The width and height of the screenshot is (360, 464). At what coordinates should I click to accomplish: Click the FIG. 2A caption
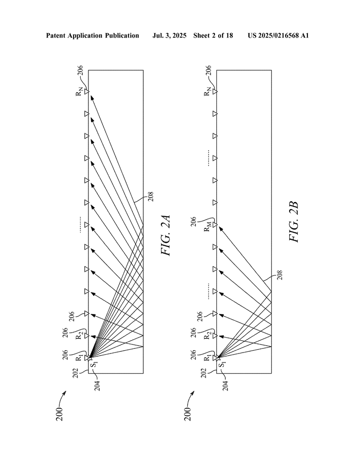pyautogui.click(x=166, y=236)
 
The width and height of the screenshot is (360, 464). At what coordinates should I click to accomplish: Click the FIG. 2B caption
pyautogui.click(x=294, y=222)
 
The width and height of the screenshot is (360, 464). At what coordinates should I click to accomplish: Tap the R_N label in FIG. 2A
pyautogui.click(x=79, y=92)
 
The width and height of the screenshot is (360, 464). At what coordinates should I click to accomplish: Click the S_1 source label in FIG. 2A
pyautogui.click(x=94, y=365)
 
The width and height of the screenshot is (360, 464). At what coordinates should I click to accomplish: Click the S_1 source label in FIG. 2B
pyautogui.click(x=222, y=365)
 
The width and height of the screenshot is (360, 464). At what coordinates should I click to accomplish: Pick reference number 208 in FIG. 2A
pyautogui.click(x=151, y=197)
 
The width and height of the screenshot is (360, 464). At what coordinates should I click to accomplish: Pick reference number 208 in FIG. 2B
pyautogui.click(x=279, y=275)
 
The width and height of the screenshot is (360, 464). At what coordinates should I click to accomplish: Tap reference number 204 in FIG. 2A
pyautogui.click(x=97, y=386)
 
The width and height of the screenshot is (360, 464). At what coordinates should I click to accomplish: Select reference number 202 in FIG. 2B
pyautogui.click(x=204, y=373)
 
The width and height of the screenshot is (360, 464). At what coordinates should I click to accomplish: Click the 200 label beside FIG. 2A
pyautogui.click(x=59, y=414)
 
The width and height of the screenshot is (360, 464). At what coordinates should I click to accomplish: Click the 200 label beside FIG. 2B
pyautogui.click(x=187, y=414)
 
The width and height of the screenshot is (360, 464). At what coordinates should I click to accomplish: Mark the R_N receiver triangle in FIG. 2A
pyautogui.click(x=87, y=92)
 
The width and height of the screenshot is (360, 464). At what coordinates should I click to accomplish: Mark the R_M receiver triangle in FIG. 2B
pyautogui.click(x=215, y=225)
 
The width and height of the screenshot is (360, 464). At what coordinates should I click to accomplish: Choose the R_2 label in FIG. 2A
pyautogui.click(x=79, y=336)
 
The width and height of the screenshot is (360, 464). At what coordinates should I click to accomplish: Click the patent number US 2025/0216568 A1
pyautogui.click(x=278, y=36)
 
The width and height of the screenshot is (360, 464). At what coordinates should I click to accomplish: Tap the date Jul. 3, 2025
pyautogui.click(x=169, y=36)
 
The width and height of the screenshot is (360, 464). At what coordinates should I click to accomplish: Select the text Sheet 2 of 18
pyautogui.click(x=213, y=36)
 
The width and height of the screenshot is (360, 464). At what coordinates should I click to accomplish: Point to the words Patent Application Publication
pyautogui.click(x=92, y=36)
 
